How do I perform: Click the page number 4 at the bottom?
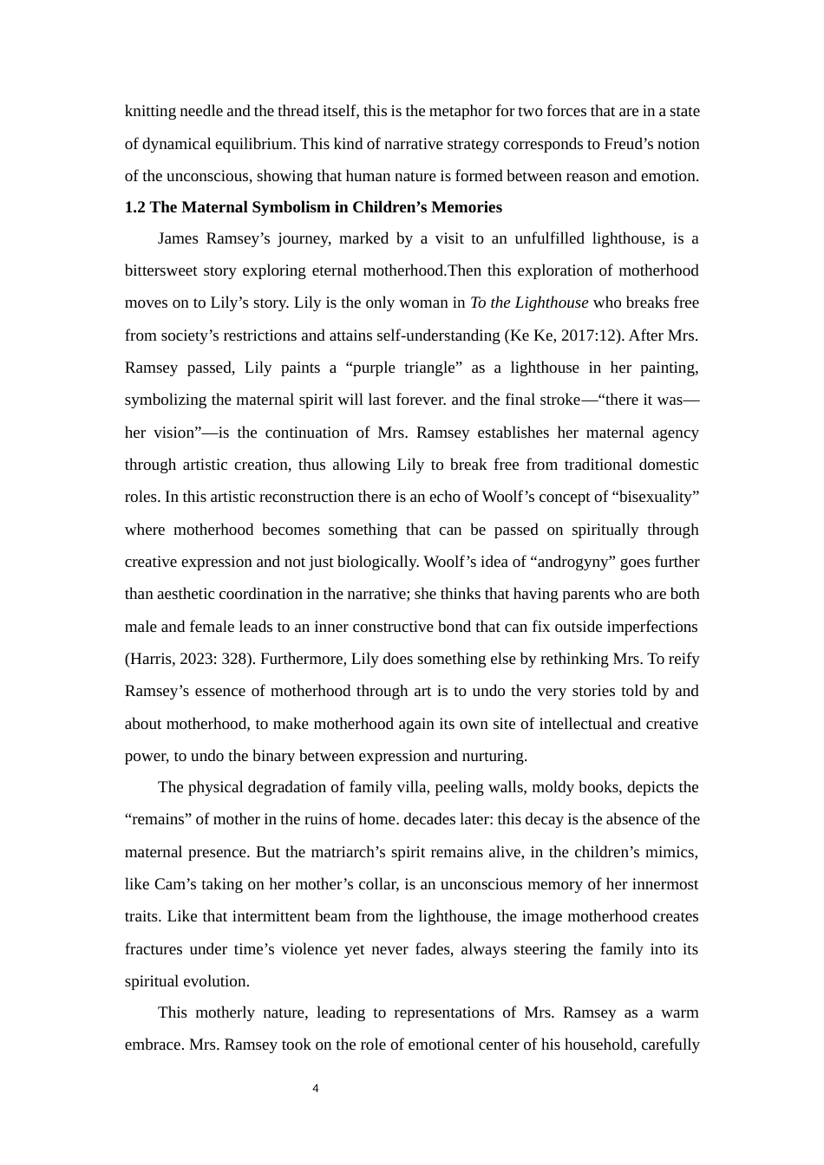315,1089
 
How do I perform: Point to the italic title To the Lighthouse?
528,303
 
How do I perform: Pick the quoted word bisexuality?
652,497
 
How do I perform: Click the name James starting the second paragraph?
180,238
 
